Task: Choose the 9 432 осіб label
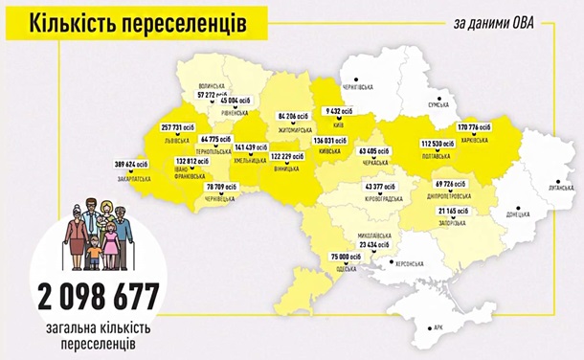pyautogui.click(x=338, y=110)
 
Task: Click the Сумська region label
pyautogui.click(x=438, y=105)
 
